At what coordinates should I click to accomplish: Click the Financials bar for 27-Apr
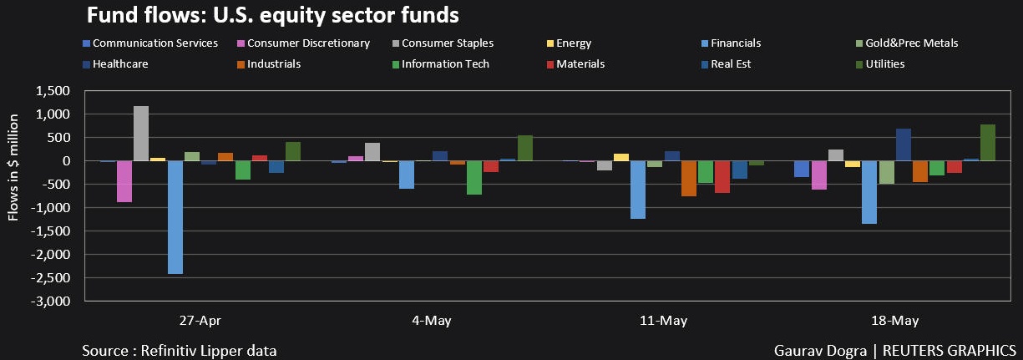(x=175, y=216)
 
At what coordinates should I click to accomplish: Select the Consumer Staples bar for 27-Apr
(x=141, y=133)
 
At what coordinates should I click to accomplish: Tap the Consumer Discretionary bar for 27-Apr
(x=124, y=180)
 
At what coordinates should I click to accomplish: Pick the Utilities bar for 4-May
(x=524, y=148)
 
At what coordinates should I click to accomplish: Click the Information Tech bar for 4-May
(x=474, y=177)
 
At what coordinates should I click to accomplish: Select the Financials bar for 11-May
(x=638, y=189)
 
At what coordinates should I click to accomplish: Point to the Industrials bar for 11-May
(x=689, y=178)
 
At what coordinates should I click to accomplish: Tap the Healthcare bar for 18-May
(x=904, y=145)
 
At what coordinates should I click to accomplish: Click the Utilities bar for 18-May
(x=988, y=142)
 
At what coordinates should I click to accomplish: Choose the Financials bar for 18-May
(x=869, y=192)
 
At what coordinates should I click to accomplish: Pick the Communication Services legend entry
(x=154, y=43)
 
